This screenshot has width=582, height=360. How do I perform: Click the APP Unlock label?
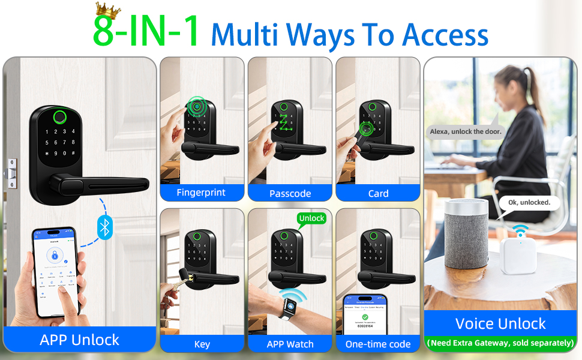(x=79, y=340)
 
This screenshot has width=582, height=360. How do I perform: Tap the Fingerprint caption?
(x=201, y=193)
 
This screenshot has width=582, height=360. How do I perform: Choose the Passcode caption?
(x=290, y=193)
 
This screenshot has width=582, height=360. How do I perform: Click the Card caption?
(x=378, y=193)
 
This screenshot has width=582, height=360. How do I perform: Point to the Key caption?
(x=202, y=344)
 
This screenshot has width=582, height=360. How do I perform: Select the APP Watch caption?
(x=290, y=344)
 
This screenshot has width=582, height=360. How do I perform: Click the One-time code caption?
(x=378, y=344)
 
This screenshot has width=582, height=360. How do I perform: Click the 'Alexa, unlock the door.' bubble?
(x=466, y=131)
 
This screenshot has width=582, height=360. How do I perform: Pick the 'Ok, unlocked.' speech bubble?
(x=529, y=203)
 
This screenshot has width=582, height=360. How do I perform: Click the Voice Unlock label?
(x=500, y=324)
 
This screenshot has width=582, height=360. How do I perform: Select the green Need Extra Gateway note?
(x=500, y=343)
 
